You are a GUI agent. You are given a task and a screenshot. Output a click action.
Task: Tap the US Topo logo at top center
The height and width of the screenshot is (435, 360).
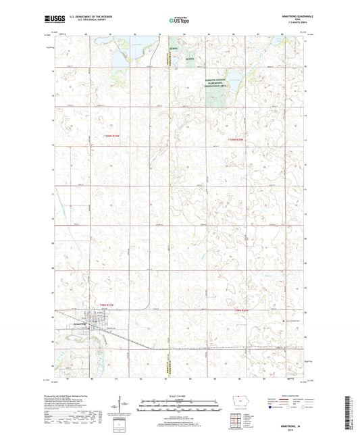point(178,21)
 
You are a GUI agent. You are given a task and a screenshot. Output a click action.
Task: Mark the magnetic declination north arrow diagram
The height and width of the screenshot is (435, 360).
point(123,405)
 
